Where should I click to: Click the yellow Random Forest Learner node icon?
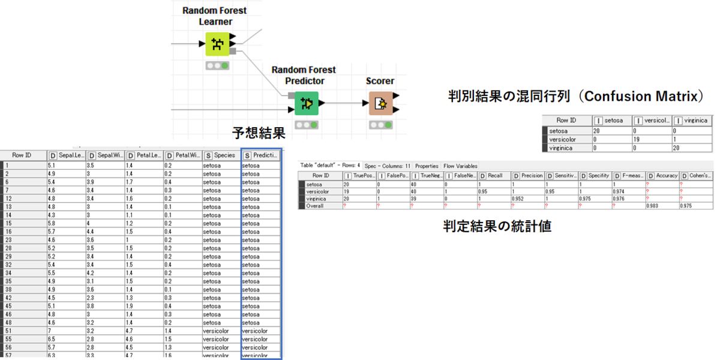coord(217,44)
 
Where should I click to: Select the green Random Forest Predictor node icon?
coord(307,103)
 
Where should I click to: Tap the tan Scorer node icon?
coord(381,103)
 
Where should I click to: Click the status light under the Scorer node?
coord(381,125)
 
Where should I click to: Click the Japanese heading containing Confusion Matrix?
coord(575,96)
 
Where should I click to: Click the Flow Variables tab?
coord(460,166)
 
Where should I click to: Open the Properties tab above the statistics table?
coord(427,166)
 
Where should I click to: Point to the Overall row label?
coord(316,206)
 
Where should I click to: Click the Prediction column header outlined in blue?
coord(261,155)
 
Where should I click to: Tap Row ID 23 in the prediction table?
coord(8,240)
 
